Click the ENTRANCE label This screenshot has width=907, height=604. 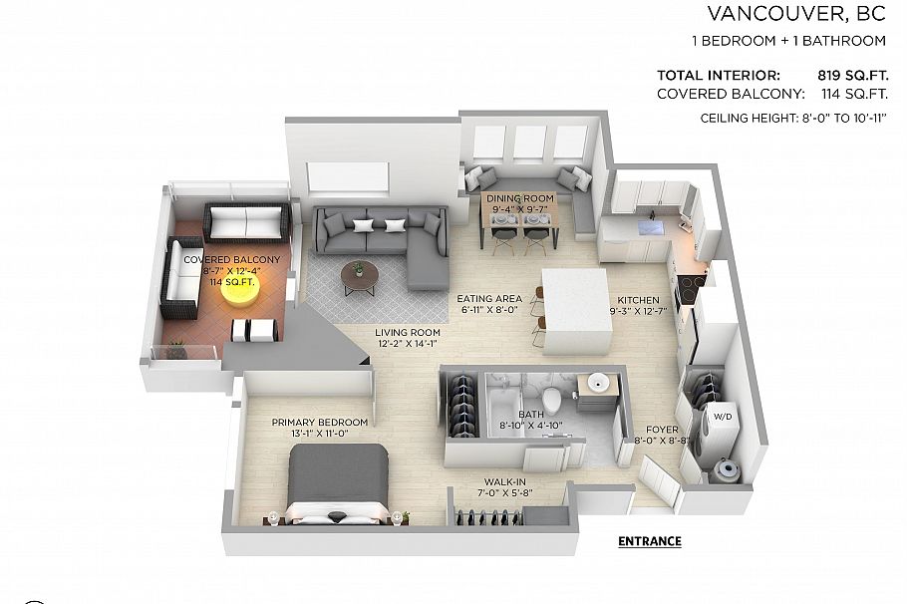[x=649, y=541]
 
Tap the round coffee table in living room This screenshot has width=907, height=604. [x=359, y=272]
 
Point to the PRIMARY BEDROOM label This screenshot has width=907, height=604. [x=319, y=422]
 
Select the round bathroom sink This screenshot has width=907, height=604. [x=600, y=384]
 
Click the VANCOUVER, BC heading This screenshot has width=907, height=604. [x=795, y=14]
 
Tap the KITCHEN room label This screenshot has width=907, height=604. [x=638, y=299]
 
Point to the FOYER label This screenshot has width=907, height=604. [x=662, y=429]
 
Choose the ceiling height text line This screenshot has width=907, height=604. [x=793, y=119]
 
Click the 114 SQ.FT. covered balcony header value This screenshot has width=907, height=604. [x=853, y=94]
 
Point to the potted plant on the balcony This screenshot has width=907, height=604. [x=176, y=349]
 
